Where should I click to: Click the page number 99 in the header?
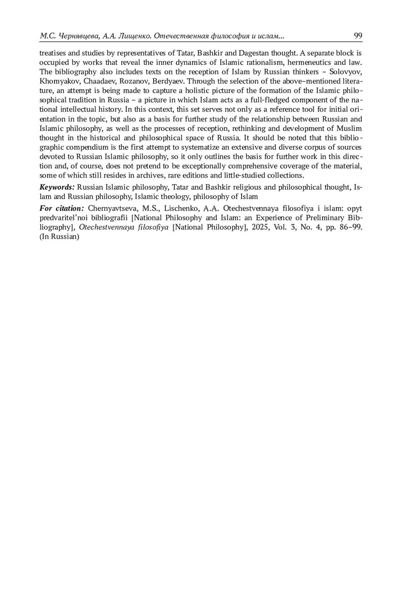click(358, 36)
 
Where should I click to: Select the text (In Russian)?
click(59, 236)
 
